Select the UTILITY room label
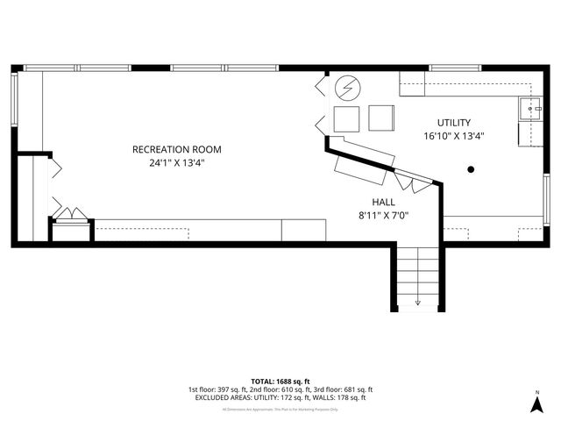[x=454, y=123]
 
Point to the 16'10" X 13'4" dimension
[x=454, y=136]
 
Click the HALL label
[x=383, y=201]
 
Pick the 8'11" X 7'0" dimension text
[x=383, y=214]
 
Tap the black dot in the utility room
[x=472, y=168]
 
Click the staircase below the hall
[x=417, y=276]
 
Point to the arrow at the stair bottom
[x=417, y=301]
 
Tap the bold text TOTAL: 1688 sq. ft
[x=280, y=382]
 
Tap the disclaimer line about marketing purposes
[x=280, y=409]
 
